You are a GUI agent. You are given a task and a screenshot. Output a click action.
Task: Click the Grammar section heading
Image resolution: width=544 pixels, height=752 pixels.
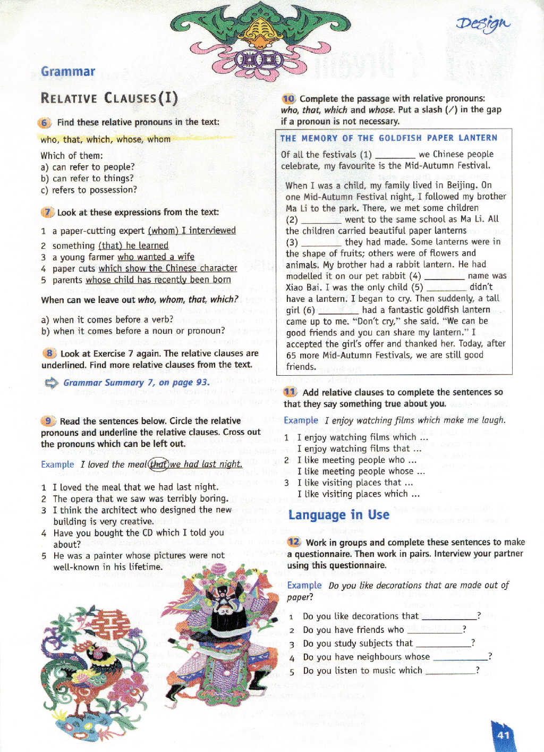click(x=68, y=71)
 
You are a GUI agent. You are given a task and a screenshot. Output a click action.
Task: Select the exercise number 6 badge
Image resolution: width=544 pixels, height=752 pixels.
click(x=45, y=123)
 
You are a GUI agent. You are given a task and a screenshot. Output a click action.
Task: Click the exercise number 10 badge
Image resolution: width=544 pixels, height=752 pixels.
click(x=288, y=99)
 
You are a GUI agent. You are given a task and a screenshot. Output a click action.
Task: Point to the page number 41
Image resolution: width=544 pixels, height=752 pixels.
click(x=504, y=735)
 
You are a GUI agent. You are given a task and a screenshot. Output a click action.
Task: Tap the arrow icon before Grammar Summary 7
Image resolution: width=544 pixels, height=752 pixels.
click(x=52, y=383)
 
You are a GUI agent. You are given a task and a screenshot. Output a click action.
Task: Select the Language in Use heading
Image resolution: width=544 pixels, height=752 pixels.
click(x=338, y=514)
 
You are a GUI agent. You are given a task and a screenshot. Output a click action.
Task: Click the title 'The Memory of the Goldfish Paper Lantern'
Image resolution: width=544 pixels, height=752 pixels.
click(x=389, y=138)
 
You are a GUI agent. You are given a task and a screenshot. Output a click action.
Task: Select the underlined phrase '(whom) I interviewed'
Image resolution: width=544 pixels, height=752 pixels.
click(x=192, y=231)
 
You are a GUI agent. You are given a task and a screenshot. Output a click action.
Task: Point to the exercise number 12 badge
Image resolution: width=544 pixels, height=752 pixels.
click(x=294, y=542)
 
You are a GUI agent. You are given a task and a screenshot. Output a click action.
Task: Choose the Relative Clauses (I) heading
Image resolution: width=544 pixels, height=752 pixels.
click(x=109, y=98)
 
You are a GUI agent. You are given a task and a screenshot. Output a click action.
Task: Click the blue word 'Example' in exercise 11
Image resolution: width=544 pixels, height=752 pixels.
click(x=300, y=420)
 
